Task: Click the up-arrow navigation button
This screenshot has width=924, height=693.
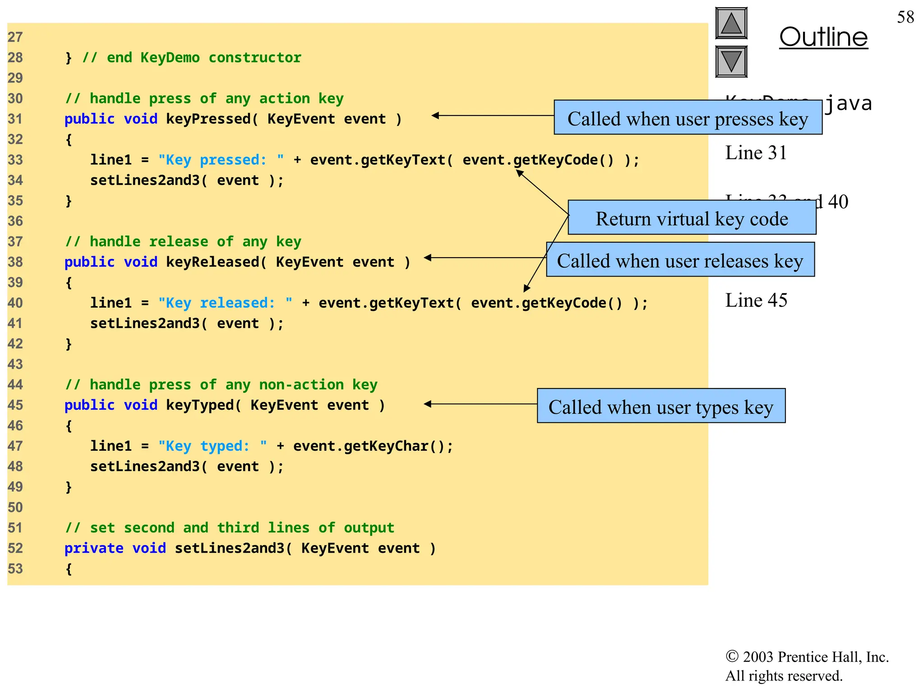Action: click(x=731, y=23)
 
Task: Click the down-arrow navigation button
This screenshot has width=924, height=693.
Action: click(x=731, y=61)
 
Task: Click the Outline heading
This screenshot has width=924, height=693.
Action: click(x=823, y=37)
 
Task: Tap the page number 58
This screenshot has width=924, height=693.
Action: click(x=905, y=17)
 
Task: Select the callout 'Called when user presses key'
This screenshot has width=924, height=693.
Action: click(x=688, y=118)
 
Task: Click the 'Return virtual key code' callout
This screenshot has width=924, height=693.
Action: click(x=692, y=218)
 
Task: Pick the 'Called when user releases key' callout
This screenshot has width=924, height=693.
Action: click(x=680, y=260)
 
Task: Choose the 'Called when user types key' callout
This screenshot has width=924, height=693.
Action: click(x=661, y=407)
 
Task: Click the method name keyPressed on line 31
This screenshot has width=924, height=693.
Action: click(x=208, y=119)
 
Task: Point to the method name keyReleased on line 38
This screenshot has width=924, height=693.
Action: click(x=212, y=262)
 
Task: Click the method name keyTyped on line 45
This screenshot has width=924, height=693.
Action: click(x=199, y=405)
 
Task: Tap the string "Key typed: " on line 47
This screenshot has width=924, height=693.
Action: click(x=212, y=446)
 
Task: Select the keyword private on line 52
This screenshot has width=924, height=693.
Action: click(x=93, y=548)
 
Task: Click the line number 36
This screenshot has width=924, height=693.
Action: click(x=15, y=221)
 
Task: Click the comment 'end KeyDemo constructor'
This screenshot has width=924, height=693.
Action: click(x=192, y=58)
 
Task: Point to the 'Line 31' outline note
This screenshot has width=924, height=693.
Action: click(x=756, y=153)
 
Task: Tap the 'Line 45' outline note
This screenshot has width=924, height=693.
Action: click(x=756, y=300)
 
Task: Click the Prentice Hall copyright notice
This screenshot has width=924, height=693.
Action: click(x=806, y=666)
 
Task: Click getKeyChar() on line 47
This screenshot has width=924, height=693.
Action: click(x=395, y=446)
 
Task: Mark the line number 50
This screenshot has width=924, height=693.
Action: click(x=15, y=508)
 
